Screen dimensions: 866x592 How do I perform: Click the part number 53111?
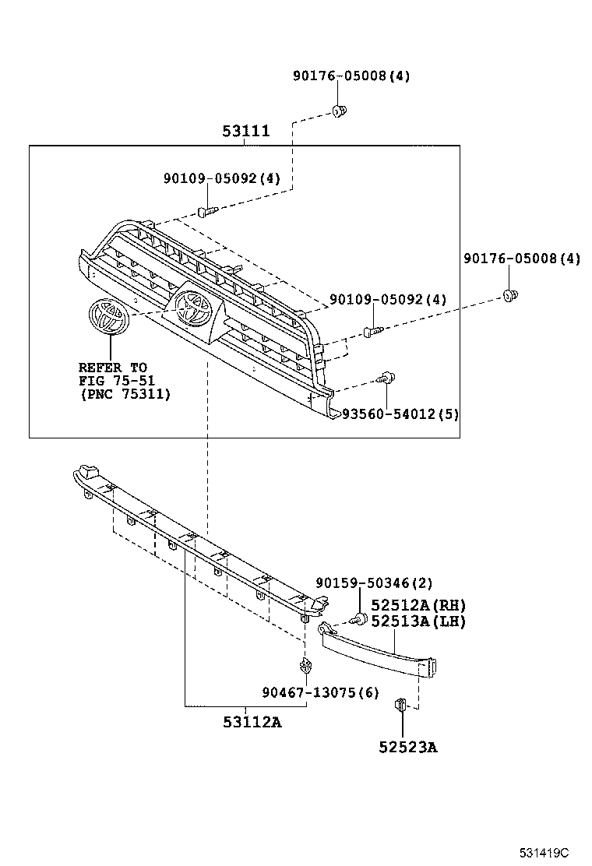pyautogui.click(x=245, y=131)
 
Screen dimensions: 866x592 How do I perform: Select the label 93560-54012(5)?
pyautogui.click(x=400, y=414)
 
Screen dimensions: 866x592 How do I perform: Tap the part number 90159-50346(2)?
pyautogui.click(x=374, y=583)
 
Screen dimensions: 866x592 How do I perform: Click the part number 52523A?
pyautogui.click(x=408, y=748)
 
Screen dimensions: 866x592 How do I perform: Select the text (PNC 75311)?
pyautogui.click(x=125, y=395)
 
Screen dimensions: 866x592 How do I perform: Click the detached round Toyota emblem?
pyautogui.click(x=107, y=316)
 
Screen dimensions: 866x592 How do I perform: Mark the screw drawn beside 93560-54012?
pyautogui.click(x=385, y=379)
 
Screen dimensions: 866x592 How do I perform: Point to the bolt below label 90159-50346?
pyautogui.click(x=359, y=619)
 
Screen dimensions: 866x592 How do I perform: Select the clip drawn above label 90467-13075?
pyautogui.click(x=306, y=666)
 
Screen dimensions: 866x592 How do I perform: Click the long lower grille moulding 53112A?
pyautogui.click(x=203, y=545)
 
